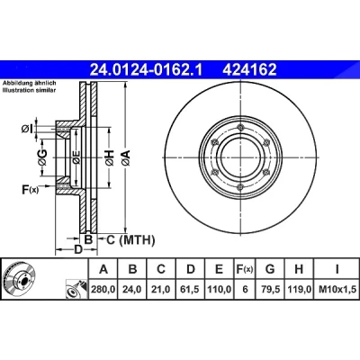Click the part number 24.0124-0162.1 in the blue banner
pyautogui.click(x=147, y=70)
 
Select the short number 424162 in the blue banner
pyautogui.click(x=249, y=70)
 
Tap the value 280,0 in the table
pyautogui.click(x=103, y=289)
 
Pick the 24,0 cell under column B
pyautogui.click(x=132, y=289)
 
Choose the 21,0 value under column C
pyautogui.click(x=161, y=289)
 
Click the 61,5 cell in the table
pyautogui.click(x=191, y=289)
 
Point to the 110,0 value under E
pyautogui.click(x=220, y=289)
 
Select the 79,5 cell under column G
pyautogui.click(x=270, y=289)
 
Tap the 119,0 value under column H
pyautogui.click(x=299, y=289)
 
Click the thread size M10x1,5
pyautogui.click(x=337, y=289)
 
